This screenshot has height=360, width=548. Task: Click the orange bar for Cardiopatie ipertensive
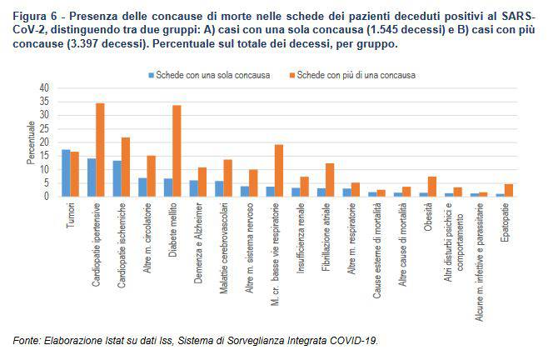(x=101, y=150)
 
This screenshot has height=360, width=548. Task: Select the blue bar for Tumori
(x=66, y=173)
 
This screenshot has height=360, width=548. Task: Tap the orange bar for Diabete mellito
(x=177, y=151)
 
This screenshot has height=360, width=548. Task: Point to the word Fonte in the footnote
(x=25, y=340)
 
